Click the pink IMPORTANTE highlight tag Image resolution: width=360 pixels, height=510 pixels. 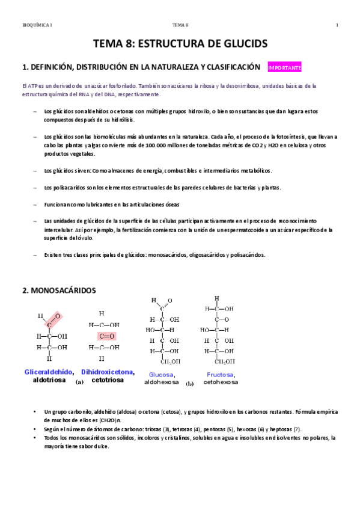pos(284,68)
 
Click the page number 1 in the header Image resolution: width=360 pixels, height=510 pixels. pos(338,25)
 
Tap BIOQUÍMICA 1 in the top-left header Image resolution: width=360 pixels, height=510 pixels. pos(37,25)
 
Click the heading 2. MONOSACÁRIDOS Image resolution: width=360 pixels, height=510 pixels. pos(58,290)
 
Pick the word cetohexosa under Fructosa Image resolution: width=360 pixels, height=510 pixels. pos(221,382)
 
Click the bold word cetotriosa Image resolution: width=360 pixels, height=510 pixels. pos(108,380)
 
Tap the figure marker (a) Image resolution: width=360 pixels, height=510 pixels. pos(79,382)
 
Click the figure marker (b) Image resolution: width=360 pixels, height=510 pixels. pos(190,383)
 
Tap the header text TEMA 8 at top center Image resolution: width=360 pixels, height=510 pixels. pos(180,25)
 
